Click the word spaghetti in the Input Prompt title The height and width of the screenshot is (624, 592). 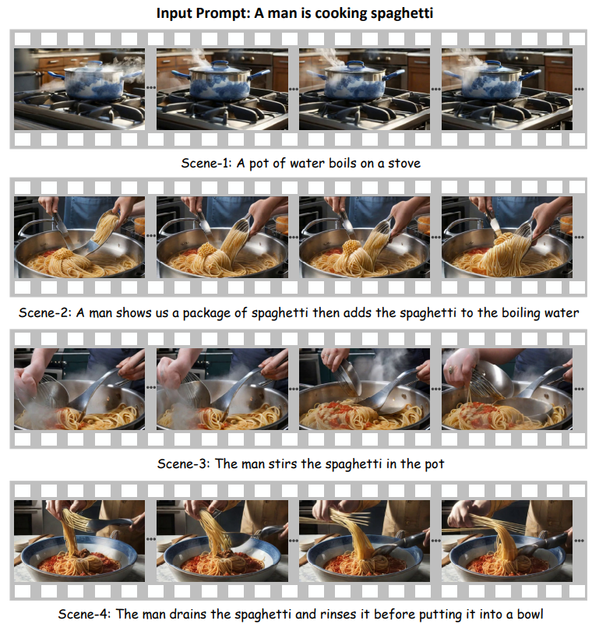(402, 13)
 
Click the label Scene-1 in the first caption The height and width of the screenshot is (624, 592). (206, 163)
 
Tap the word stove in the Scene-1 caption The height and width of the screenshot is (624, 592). (404, 163)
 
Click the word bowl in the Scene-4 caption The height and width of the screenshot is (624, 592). (530, 614)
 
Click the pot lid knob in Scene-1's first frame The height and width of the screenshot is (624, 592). (94, 64)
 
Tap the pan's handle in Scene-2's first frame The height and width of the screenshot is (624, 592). (29, 227)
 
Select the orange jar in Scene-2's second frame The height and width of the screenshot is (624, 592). (282, 224)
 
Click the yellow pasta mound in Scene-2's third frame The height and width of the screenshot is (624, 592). (352, 247)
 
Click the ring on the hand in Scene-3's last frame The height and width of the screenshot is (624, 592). (451, 370)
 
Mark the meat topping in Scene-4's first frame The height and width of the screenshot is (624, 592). (83, 553)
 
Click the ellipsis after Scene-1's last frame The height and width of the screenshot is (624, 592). (579, 89)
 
